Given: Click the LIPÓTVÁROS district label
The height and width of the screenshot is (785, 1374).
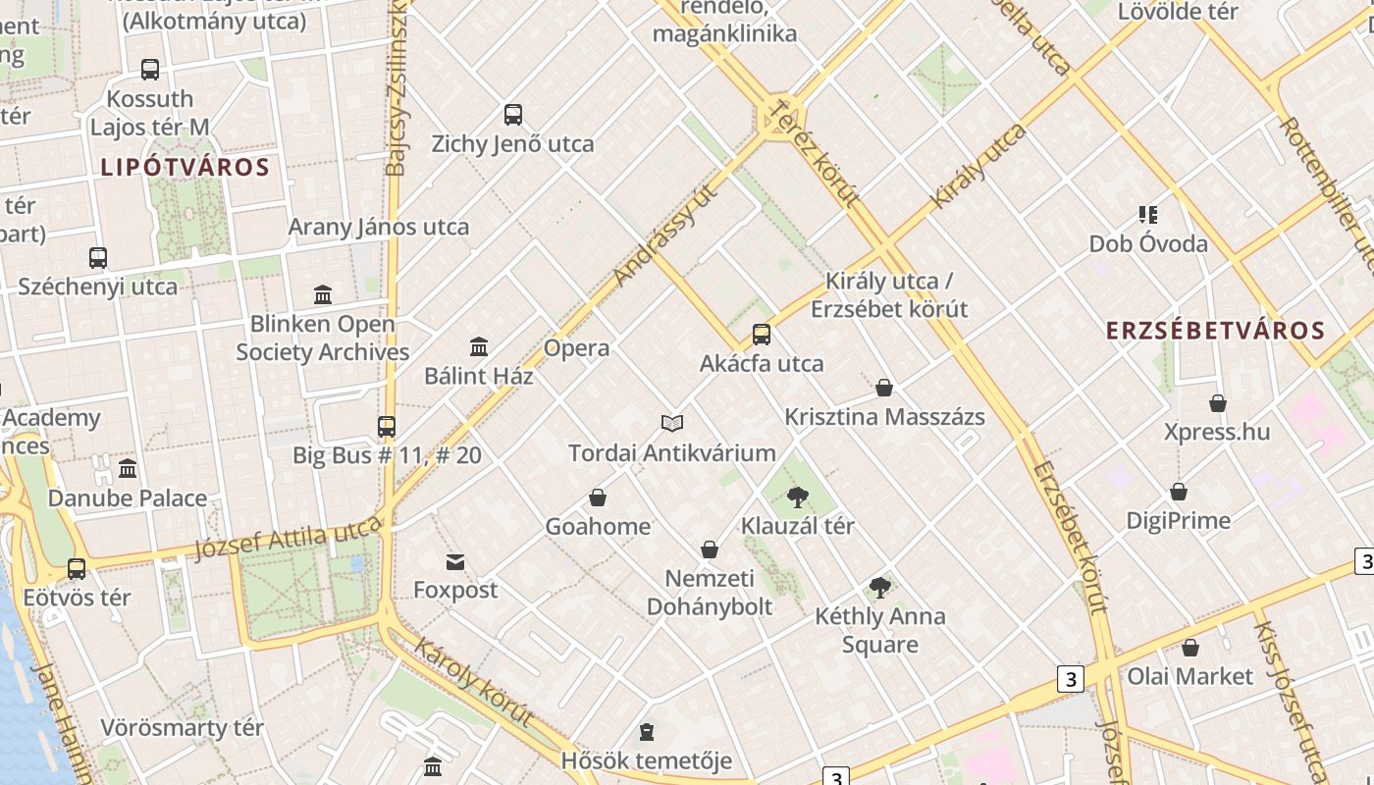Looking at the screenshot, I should click(185, 167).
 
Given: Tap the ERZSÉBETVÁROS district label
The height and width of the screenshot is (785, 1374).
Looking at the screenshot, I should click(1216, 331).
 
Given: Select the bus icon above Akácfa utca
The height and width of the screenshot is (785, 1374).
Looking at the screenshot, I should click(762, 335).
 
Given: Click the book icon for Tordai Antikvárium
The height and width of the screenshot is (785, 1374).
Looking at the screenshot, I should click(672, 423).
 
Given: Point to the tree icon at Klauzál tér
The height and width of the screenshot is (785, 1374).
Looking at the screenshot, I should click(797, 497).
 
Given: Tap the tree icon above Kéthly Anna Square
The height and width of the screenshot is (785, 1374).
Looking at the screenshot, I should click(880, 588).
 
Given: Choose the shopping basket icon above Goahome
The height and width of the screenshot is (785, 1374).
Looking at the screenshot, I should click(598, 497).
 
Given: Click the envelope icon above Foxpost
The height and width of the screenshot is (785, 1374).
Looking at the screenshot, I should click(455, 562).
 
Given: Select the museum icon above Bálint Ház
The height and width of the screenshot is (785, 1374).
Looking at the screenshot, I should click(479, 346).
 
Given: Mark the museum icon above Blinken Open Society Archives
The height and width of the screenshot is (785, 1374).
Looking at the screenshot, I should click(323, 294).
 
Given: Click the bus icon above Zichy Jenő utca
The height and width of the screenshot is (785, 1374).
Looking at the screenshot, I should click(513, 115).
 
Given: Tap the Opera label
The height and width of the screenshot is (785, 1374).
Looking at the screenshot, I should click(576, 348).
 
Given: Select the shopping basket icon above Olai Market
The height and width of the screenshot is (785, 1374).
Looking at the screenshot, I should click(1190, 648).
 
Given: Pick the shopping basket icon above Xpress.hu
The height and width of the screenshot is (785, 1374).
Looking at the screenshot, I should click(1218, 403).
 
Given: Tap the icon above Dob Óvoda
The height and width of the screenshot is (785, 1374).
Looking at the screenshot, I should click(1148, 214).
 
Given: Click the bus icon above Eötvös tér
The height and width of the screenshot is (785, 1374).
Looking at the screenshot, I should click(77, 568).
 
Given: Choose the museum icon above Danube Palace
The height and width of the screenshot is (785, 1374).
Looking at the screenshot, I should click(128, 469).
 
